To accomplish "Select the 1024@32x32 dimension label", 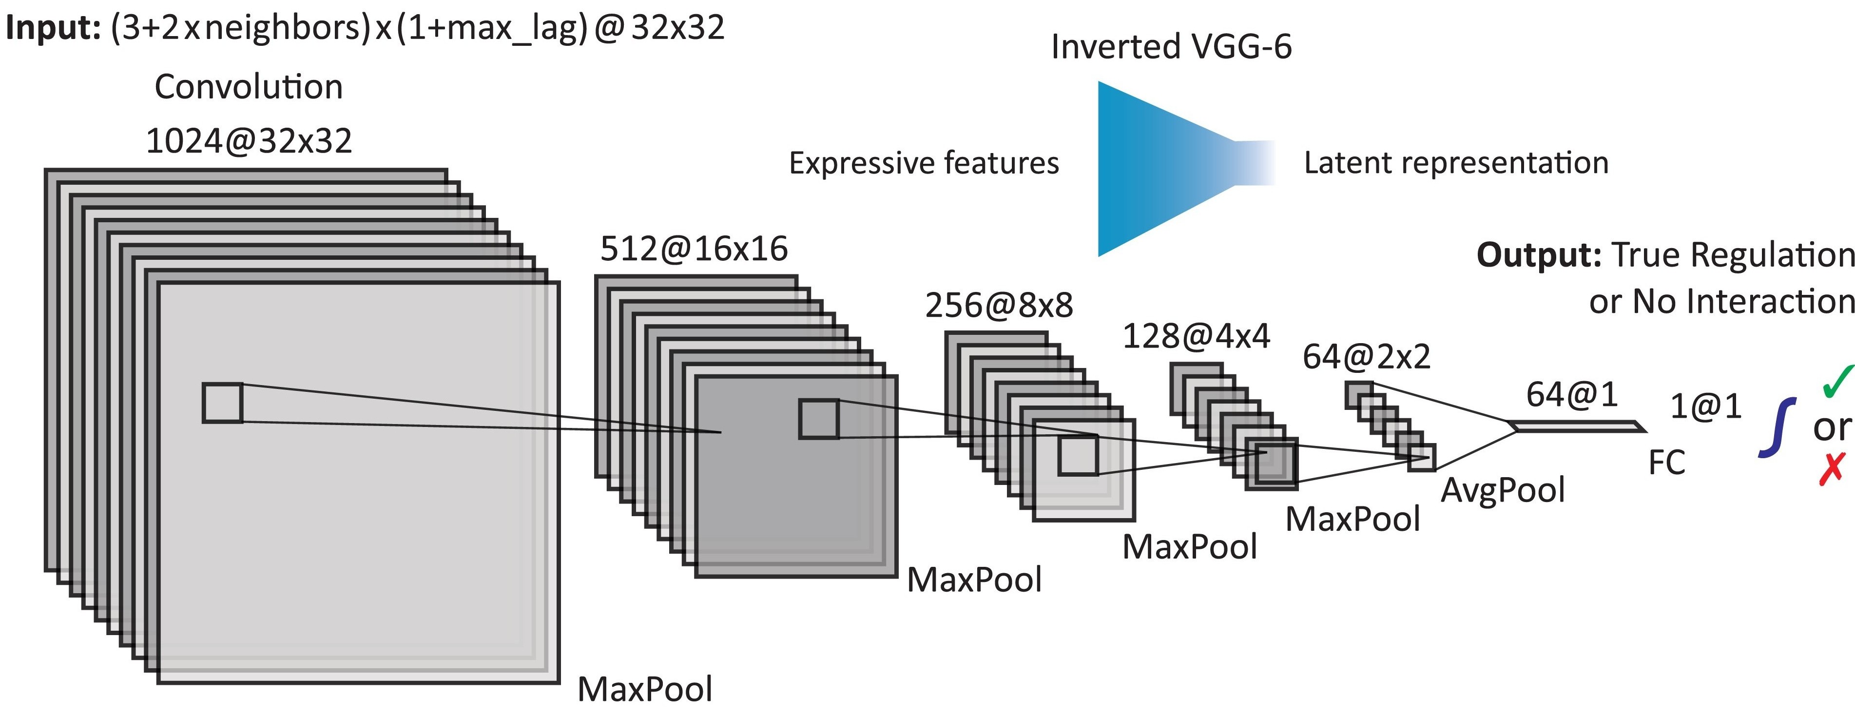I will [x=249, y=140].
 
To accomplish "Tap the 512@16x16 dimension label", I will [x=694, y=249].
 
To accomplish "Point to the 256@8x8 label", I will [x=999, y=306].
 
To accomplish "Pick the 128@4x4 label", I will [x=1196, y=336].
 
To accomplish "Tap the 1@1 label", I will [x=1705, y=407].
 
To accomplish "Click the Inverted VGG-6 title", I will [x=1171, y=47].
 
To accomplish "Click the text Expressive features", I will [x=924, y=163].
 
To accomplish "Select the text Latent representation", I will [x=1456, y=163].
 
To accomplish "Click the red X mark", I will [x=1831, y=469].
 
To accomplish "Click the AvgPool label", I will [x=1503, y=490].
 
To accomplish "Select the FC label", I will [x=1666, y=463].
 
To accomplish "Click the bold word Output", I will [x=1538, y=255].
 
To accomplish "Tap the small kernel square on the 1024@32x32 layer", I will [x=223, y=403].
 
